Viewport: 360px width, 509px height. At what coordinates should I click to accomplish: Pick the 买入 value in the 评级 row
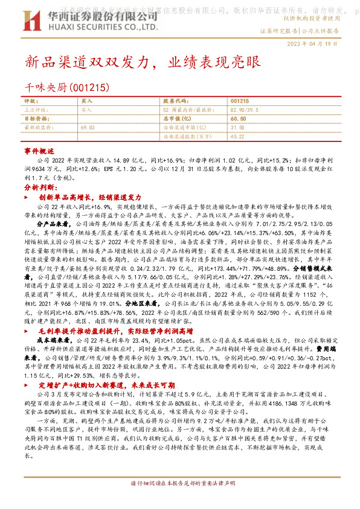click(x=87, y=101)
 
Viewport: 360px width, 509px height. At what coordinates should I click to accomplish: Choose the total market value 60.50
click(x=238, y=119)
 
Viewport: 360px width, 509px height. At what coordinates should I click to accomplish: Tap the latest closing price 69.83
click(x=88, y=128)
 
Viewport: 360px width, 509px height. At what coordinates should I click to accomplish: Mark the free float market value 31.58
click(x=237, y=128)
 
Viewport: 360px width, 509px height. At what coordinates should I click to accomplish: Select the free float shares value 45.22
click(x=237, y=137)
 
